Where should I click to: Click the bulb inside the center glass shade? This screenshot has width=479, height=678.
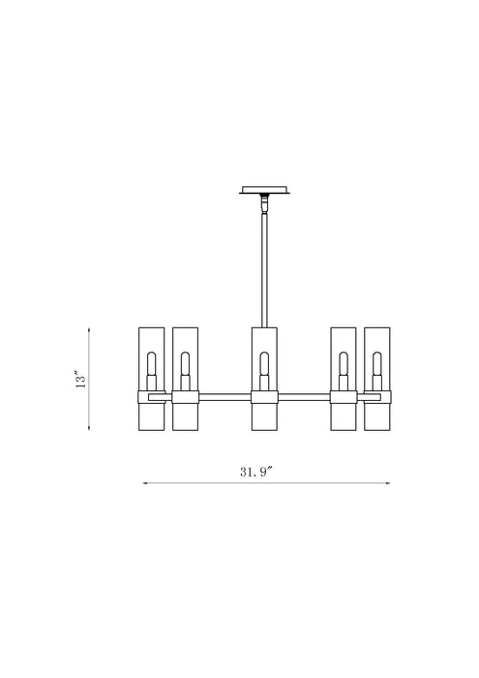pyautogui.click(x=264, y=365)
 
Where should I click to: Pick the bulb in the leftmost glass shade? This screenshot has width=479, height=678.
pyautogui.click(x=150, y=365)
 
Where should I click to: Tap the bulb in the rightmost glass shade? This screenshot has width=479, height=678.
pyautogui.click(x=378, y=365)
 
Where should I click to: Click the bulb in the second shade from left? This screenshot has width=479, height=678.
pyautogui.click(x=185, y=365)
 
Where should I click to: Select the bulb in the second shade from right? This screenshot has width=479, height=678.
pyautogui.click(x=344, y=365)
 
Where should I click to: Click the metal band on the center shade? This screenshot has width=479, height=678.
pyautogui.click(x=264, y=397)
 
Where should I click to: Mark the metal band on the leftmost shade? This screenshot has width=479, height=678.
pyautogui.click(x=150, y=397)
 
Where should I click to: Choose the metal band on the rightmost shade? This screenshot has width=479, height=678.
pyautogui.click(x=378, y=397)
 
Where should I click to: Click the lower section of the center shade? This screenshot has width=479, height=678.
pyautogui.click(x=264, y=417)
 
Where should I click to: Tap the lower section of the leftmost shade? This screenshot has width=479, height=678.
pyautogui.click(x=150, y=417)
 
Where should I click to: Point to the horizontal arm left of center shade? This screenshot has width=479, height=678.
pyautogui.click(x=225, y=395)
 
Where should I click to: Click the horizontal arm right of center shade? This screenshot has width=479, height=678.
pyautogui.click(x=304, y=395)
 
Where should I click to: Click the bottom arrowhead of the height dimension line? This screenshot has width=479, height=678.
pyautogui.click(x=89, y=429)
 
